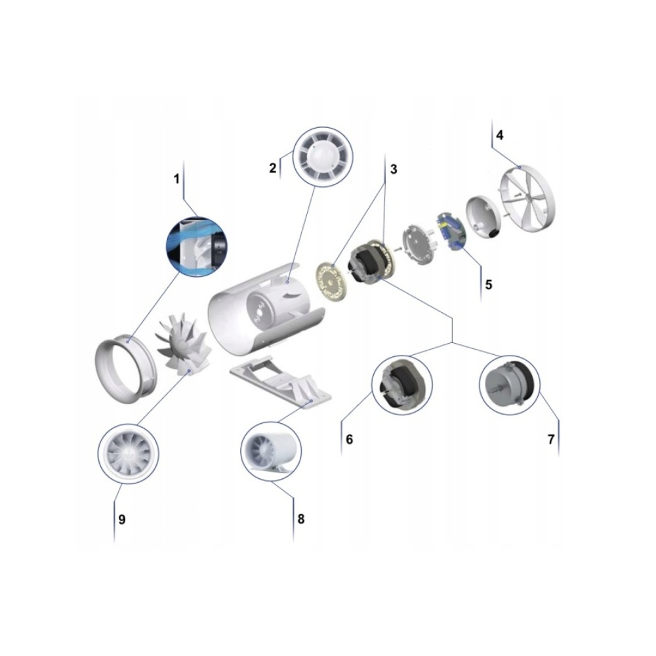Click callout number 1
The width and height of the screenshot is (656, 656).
click(x=176, y=179)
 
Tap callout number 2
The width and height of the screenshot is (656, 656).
click(x=273, y=168)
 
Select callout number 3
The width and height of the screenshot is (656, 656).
click(x=393, y=169)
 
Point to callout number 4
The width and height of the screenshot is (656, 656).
click(x=499, y=135)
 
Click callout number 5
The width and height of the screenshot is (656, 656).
click(x=488, y=285)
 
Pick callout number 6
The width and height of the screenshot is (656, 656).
click(x=350, y=440)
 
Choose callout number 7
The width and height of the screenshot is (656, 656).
click(x=551, y=440)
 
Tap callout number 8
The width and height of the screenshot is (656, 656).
click(x=301, y=519)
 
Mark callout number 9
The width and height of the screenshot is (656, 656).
click(x=122, y=519)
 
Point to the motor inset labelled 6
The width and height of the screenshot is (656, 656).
click(x=402, y=385)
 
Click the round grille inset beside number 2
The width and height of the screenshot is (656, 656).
click(x=323, y=157)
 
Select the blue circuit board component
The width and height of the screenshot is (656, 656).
click(x=451, y=232)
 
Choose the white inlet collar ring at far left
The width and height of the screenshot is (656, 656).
click(x=126, y=368)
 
